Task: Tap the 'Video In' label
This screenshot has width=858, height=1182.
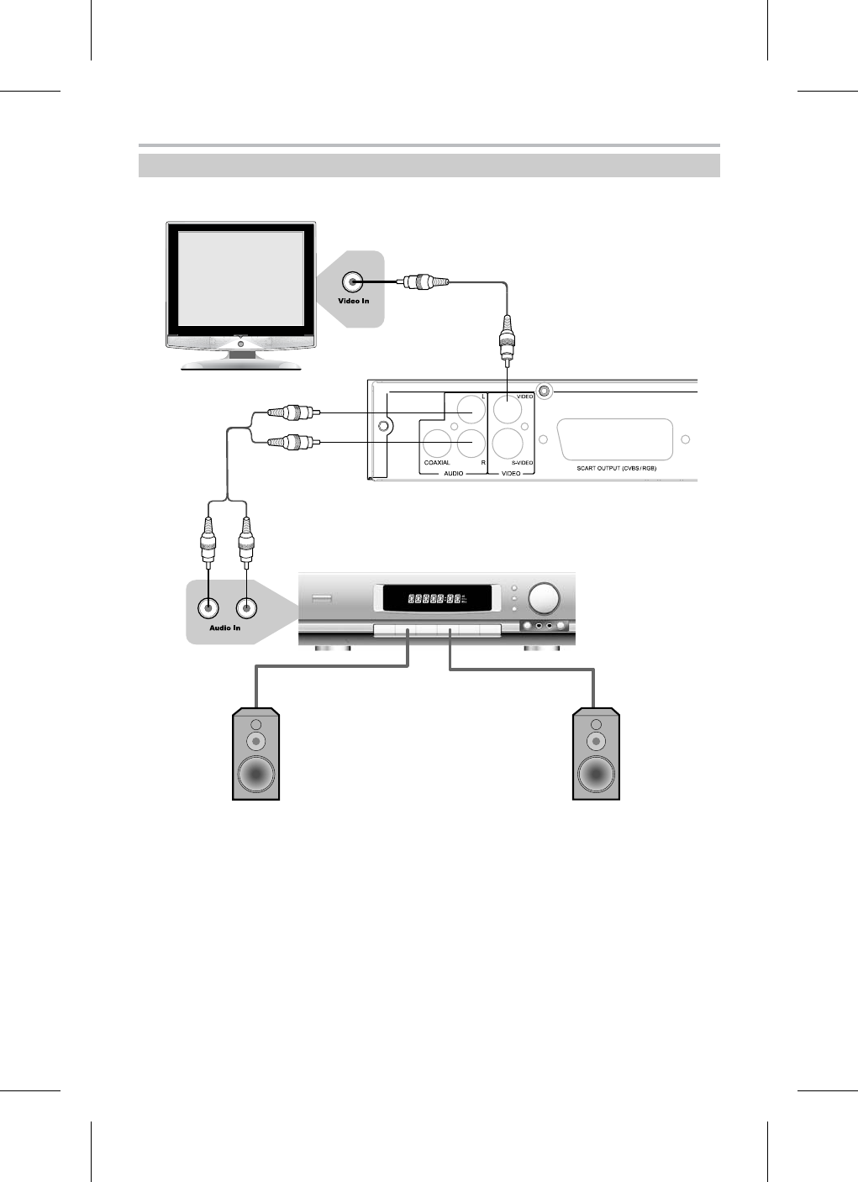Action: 354,301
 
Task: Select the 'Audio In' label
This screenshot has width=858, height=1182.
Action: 224,628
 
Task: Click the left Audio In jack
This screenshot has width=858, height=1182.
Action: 206,608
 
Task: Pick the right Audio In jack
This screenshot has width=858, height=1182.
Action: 246,608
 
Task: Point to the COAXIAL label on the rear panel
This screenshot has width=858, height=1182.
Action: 437,463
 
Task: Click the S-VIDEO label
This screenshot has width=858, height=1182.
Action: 523,463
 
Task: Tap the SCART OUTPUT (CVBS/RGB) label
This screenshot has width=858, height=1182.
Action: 616,468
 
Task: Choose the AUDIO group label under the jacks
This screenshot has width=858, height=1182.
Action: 453,474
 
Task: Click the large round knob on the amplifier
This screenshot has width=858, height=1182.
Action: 544,598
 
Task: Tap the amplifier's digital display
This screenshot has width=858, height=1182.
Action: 436,599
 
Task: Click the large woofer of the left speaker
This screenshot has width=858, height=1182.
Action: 256,772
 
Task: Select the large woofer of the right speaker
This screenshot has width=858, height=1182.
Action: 596,772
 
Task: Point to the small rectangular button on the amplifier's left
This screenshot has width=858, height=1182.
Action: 322,598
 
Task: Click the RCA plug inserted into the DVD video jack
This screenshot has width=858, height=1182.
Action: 507,342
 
